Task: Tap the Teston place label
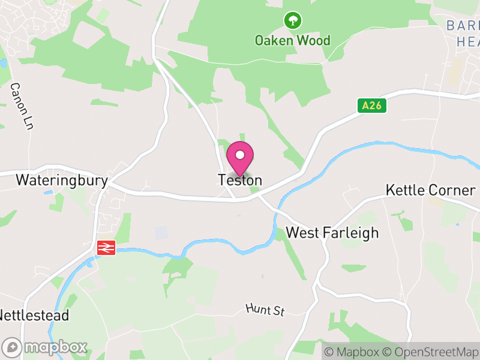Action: pos(240,180)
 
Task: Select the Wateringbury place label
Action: pos(62,180)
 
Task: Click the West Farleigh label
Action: pos(332,233)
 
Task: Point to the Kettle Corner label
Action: pos(431,191)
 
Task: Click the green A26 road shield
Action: pos(372,106)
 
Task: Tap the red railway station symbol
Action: pos(106,247)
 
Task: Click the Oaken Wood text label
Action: pos(293,41)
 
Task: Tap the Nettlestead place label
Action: pos(34,316)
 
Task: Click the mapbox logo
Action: pos(45,347)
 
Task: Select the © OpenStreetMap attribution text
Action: pos(430,352)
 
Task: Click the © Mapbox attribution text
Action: pos(351,352)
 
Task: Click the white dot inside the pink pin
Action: pos(240,155)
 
